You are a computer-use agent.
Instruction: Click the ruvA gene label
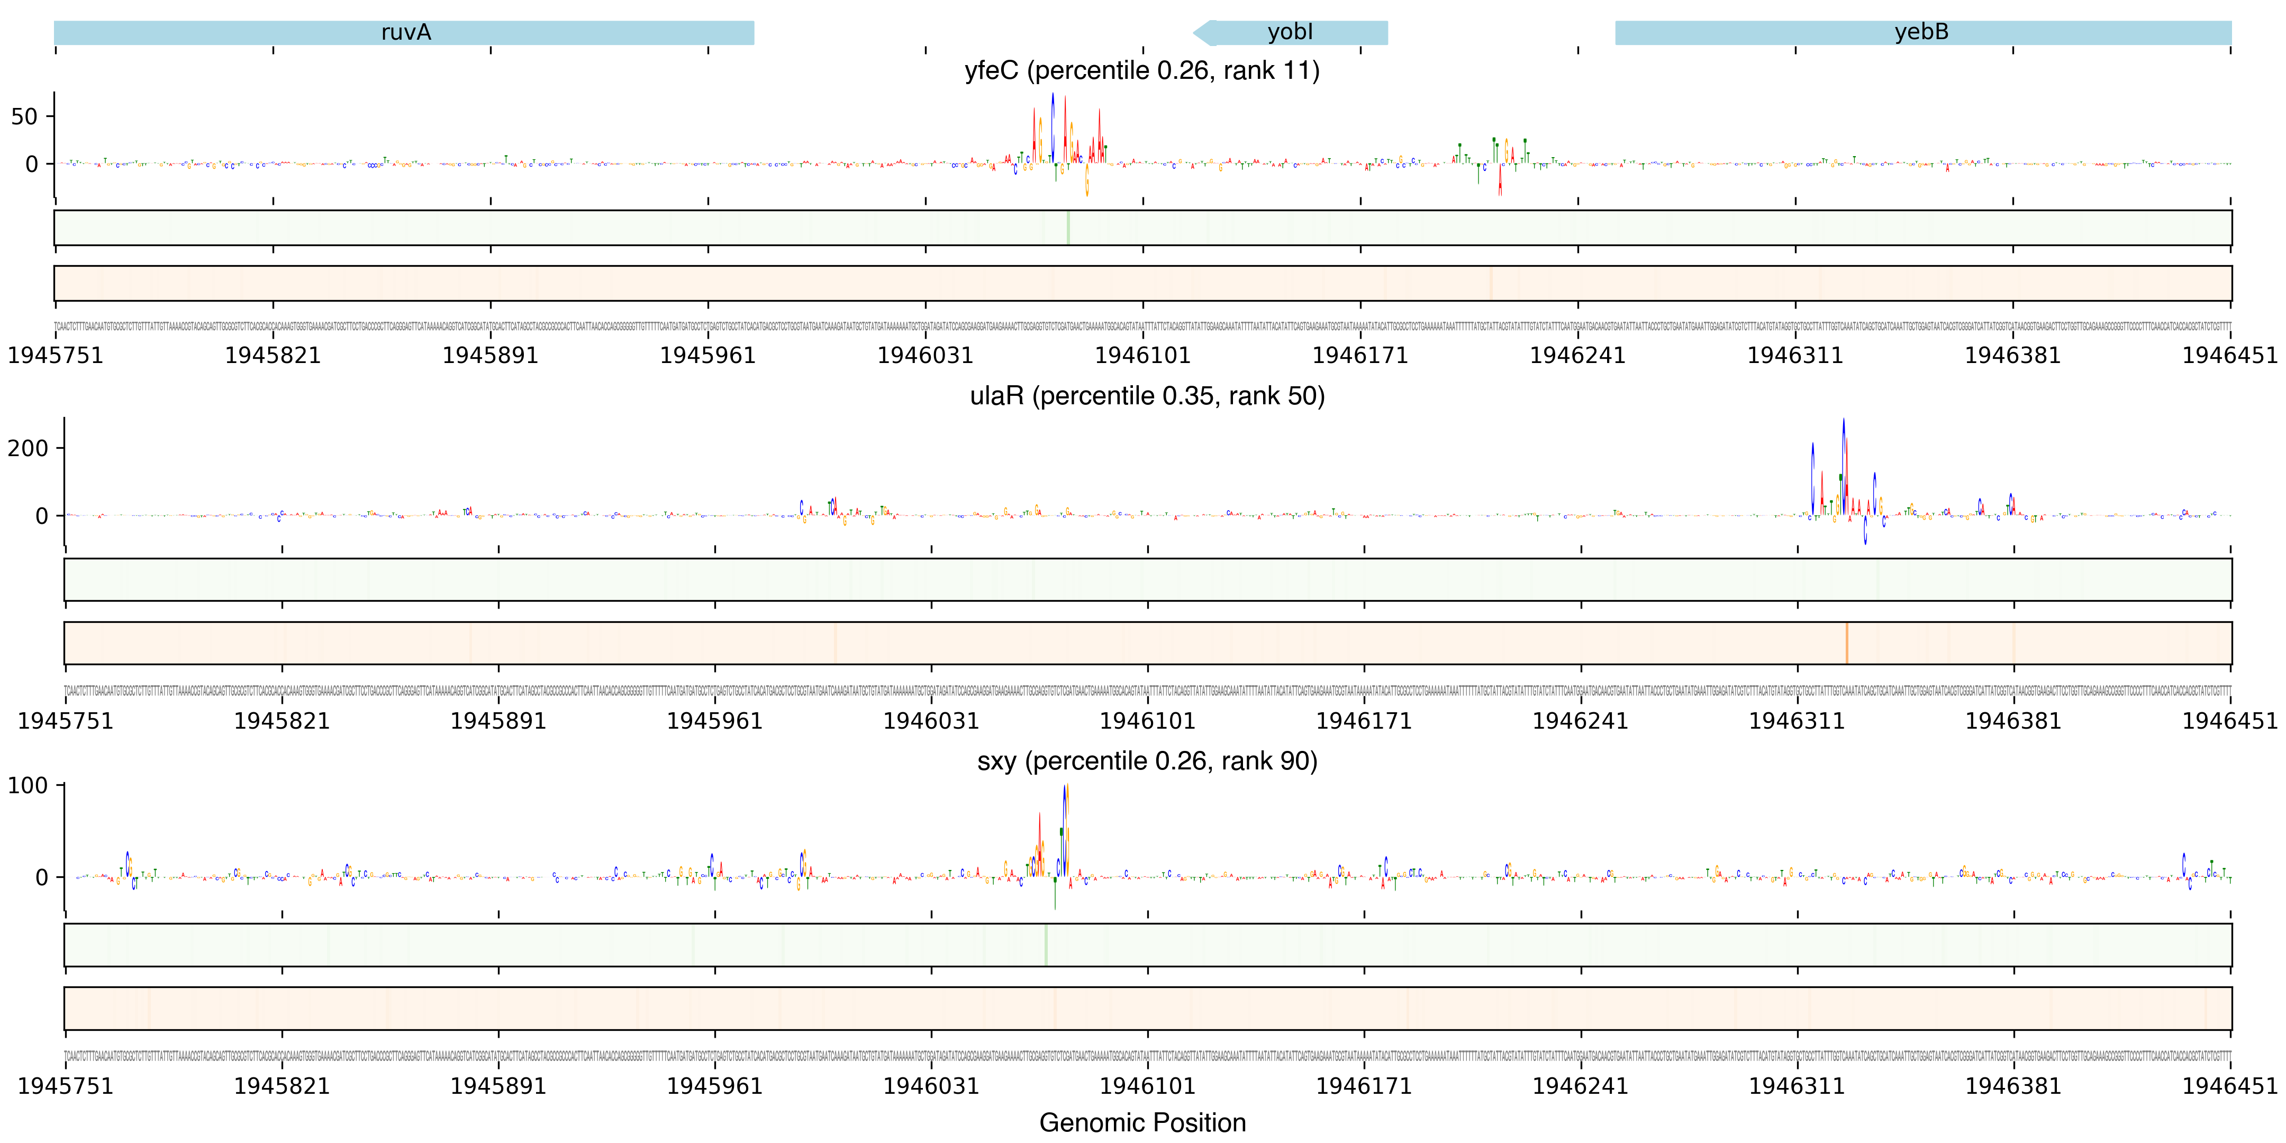(x=405, y=33)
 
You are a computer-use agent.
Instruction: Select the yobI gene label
(x=1290, y=33)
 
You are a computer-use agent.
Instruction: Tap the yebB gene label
(x=1921, y=33)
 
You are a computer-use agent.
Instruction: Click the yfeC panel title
(x=1142, y=71)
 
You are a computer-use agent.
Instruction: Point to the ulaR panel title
(x=1147, y=396)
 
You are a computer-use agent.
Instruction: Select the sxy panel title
(x=1147, y=761)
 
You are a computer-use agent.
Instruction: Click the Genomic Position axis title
(x=1142, y=1122)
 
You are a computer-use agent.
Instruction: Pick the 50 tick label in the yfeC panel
(x=24, y=117)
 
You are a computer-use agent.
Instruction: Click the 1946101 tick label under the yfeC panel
(x=1142, y=356)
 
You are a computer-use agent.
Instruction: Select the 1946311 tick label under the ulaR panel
(x=1796, y=721)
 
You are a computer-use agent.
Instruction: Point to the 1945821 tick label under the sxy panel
(x=282, y=1086)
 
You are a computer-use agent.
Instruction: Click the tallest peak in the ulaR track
(x=1843, y=422)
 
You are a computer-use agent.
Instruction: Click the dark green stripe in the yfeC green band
(x=1067, y=228)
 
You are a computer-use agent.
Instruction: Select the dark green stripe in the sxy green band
(x=1046, y=945)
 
